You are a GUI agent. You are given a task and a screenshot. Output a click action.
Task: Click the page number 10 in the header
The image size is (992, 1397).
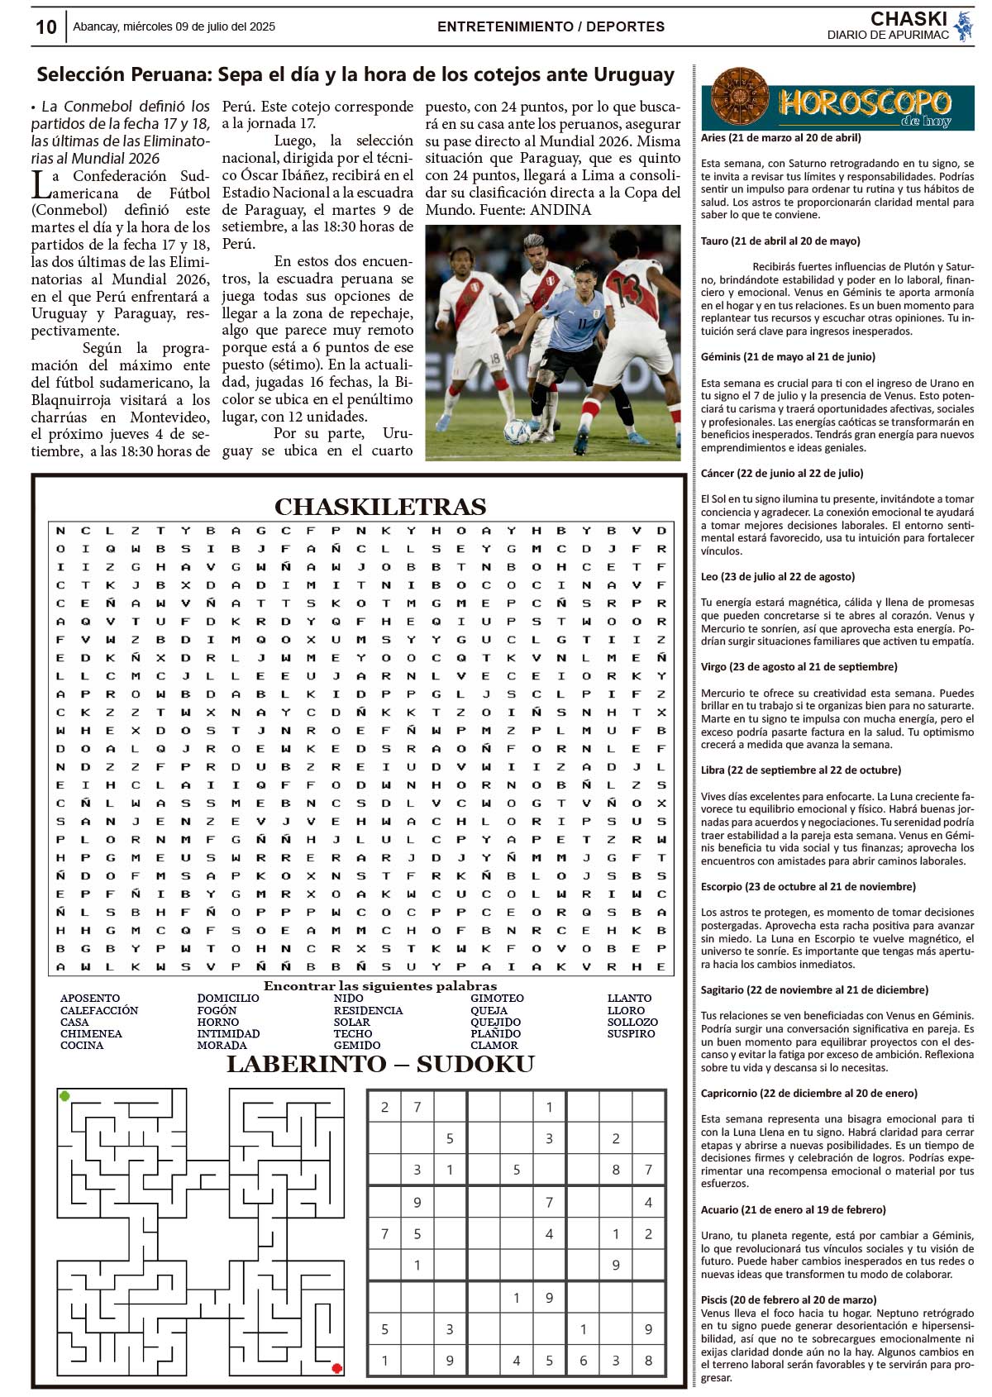coord(46,27)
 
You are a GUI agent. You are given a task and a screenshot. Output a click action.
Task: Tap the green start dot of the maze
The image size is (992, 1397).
coord(64,1096)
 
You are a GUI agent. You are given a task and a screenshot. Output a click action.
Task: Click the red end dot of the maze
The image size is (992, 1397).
coord(336,1368)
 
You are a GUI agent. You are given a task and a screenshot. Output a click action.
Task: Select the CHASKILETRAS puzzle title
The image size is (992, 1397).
coord(380,506)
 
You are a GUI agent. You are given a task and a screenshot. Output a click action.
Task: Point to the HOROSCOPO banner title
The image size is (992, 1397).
coord(864,104)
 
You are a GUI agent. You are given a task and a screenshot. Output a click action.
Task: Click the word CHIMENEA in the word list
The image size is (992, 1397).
coord(91,1033)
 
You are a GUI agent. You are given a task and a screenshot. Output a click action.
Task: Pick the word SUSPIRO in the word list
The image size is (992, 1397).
coord(631,1033)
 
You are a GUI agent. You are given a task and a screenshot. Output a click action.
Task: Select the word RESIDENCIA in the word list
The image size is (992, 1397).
coord(368,1010)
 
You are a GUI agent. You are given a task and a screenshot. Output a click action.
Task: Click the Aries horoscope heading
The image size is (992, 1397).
coord(780,138)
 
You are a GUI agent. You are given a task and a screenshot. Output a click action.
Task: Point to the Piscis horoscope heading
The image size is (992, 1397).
coord(788,1299)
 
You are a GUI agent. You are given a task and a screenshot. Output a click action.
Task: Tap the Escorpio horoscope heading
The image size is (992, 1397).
coord(808,886)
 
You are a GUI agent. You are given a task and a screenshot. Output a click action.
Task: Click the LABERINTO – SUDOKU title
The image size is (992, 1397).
coord(380,1064)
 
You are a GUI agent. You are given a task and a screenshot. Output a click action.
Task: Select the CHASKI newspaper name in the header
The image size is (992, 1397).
coord(909,19)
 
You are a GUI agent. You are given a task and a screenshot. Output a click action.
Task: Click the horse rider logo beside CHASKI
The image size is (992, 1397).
coord(963,26)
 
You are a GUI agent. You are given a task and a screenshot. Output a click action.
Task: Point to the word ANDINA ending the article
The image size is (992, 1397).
coord(560,210)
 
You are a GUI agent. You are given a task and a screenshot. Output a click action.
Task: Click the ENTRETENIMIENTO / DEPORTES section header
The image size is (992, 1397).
coord(551,26)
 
